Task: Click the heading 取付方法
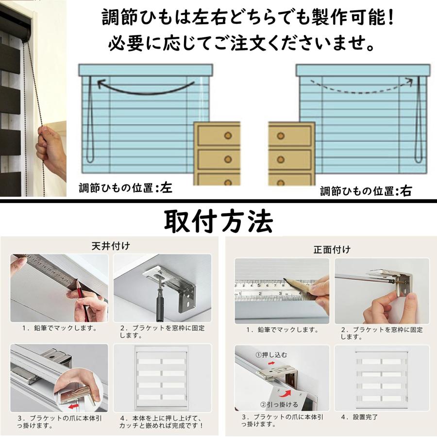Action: point(218,221)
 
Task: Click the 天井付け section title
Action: point(111,246)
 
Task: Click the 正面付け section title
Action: point(332,250)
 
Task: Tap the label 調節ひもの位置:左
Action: point(126,187)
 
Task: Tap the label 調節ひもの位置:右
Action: point(366,191)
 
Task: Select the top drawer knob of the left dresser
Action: point(228,135)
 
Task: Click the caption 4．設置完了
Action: point(359,417)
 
